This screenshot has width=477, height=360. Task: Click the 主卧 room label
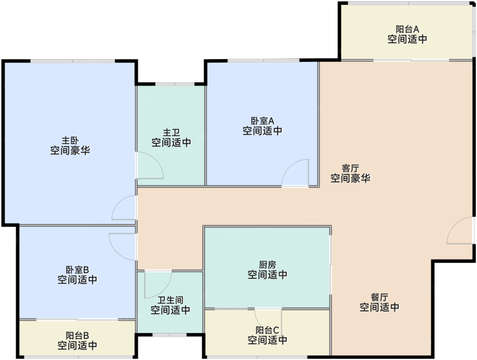(x=70, y=140)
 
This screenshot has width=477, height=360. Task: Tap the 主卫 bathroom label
(x=171, y=132)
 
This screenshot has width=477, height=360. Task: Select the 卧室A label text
(x=262, y=121)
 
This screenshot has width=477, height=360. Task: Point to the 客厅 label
(x=350, y=168)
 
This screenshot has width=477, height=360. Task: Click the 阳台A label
(x=407, y=29)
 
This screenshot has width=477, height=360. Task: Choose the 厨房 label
(x=267, y=265)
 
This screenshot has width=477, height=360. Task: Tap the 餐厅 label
(x=380, y=297)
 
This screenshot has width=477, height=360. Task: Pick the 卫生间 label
(x=170, y=300)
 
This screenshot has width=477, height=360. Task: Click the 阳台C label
(x=267, y=330)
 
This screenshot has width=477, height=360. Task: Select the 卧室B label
(x=77, y=270)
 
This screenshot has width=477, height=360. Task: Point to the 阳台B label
(x=77, y=335)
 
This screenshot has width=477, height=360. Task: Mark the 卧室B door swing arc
(x=117, y=252)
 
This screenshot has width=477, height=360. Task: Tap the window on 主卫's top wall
(x=175, y=84)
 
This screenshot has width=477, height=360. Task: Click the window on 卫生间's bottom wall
(x=169, y=335)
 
